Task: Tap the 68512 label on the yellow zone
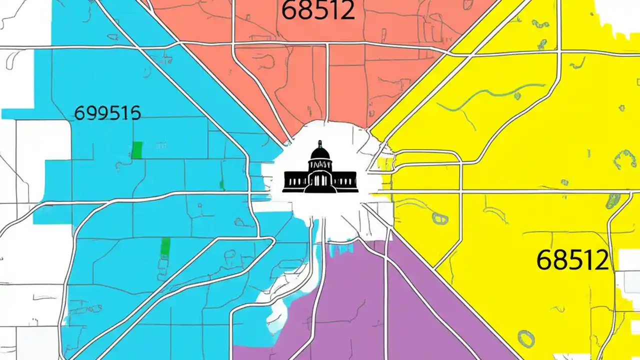572,260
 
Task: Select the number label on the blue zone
107,113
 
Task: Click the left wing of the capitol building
293,180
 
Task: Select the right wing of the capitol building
346,180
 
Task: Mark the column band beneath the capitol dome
320,164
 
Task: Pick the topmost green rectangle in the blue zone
136,150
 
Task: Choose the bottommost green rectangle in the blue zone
165,246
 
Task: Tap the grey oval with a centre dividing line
440,218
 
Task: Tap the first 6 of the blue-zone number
79,113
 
